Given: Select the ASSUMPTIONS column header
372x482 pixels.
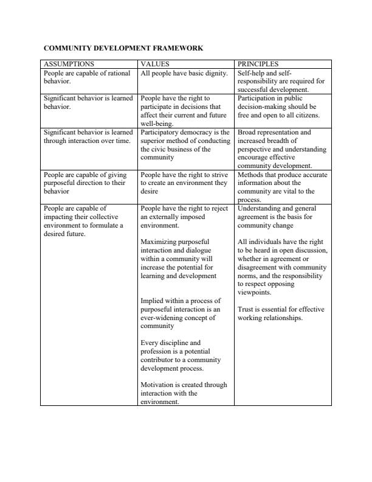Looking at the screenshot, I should [69, 64].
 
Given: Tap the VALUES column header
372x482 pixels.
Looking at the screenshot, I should [155, 64].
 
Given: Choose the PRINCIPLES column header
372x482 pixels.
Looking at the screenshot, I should [258, 64].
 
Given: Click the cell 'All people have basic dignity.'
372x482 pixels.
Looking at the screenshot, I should [184, 73].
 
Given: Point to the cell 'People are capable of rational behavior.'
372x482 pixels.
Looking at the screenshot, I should [87, 77].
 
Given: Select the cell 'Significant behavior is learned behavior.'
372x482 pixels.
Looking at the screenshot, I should [88, 102].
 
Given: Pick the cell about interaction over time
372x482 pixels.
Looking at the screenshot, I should [88, 136].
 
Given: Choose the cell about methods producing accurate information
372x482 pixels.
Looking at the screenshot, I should [282, 187].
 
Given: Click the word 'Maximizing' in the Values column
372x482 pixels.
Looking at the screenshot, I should [161, 242].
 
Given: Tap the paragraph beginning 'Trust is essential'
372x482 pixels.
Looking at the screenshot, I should [281, 313].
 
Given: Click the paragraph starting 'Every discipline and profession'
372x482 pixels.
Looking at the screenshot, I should [181, 355].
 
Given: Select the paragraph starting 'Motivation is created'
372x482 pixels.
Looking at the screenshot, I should [183, 393].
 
